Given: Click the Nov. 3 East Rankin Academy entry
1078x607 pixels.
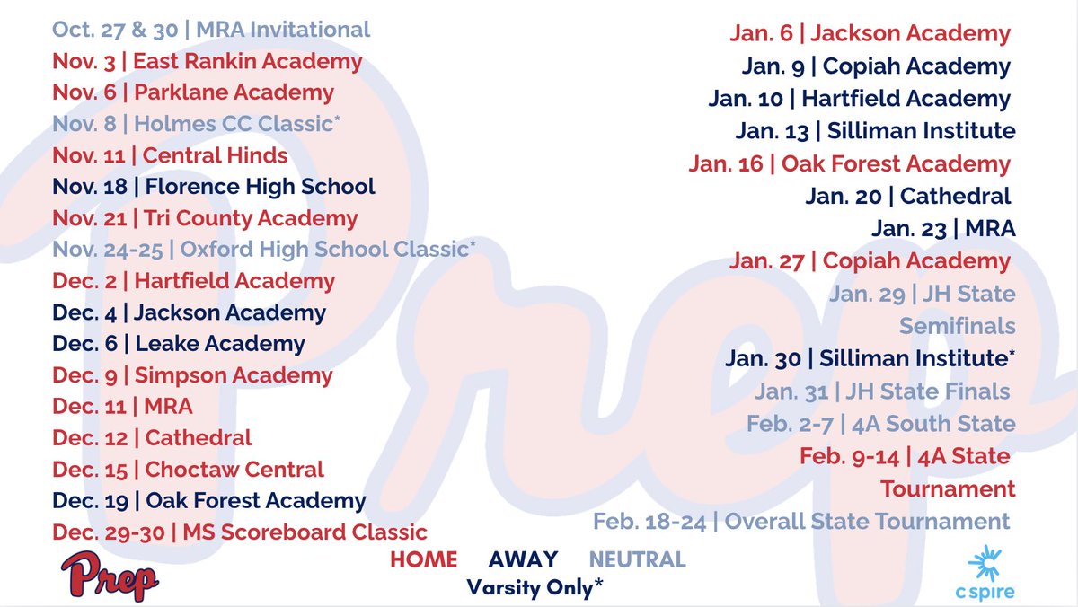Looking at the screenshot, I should pos(207,62).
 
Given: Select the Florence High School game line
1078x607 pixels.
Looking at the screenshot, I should pos(213,187).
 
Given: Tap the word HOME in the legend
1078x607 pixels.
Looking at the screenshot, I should pos(423,560).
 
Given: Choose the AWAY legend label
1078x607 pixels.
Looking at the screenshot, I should pos(523,560).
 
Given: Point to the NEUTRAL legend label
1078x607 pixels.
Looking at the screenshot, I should pos(637,560).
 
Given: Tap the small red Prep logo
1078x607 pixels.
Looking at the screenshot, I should pos(110,576).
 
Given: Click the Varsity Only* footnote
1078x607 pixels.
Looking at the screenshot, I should pos(535,587).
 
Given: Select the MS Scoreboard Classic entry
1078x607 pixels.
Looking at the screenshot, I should pos(239,532).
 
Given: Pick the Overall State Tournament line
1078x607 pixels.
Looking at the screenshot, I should pos(801,521).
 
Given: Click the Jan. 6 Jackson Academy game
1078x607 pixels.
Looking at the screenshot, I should pos(870,34).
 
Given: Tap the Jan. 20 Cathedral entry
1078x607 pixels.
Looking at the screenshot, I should pos(908,196).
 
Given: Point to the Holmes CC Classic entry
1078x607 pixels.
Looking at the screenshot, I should pos(196,124).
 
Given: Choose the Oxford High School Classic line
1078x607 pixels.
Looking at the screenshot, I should pos(264,249).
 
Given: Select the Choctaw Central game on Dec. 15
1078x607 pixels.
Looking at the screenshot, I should pos(188,469).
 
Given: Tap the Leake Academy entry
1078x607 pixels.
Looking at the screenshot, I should pos(179,344).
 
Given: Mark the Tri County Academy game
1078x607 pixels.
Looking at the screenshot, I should pos(205,218).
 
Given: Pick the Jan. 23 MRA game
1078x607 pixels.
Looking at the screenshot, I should pos(943,228).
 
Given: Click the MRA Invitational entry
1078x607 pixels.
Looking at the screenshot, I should pos(211,30).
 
